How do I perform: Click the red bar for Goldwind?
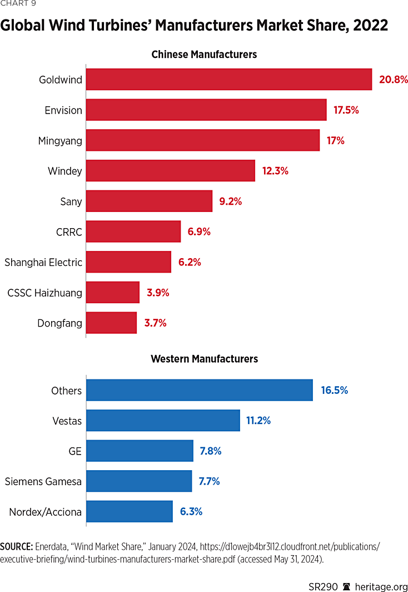point(229,80)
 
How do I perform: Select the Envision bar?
point(206,110)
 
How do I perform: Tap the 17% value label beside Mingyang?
point(335,141)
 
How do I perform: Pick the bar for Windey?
point(171,171)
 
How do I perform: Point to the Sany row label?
point(71,201)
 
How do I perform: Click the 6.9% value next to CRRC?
point(199,231)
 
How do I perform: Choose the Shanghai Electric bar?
point(128,262)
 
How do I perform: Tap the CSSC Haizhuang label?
point(44,293)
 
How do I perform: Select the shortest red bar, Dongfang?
point(111,323)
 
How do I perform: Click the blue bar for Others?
point(200,391)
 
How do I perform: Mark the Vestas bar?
point(163,421)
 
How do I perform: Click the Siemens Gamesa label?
point(43,482)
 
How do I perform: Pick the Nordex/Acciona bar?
point(130,512)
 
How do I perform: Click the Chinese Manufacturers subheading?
point(204,55)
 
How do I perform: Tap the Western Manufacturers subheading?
point(204,359)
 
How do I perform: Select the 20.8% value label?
point(394,80)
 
